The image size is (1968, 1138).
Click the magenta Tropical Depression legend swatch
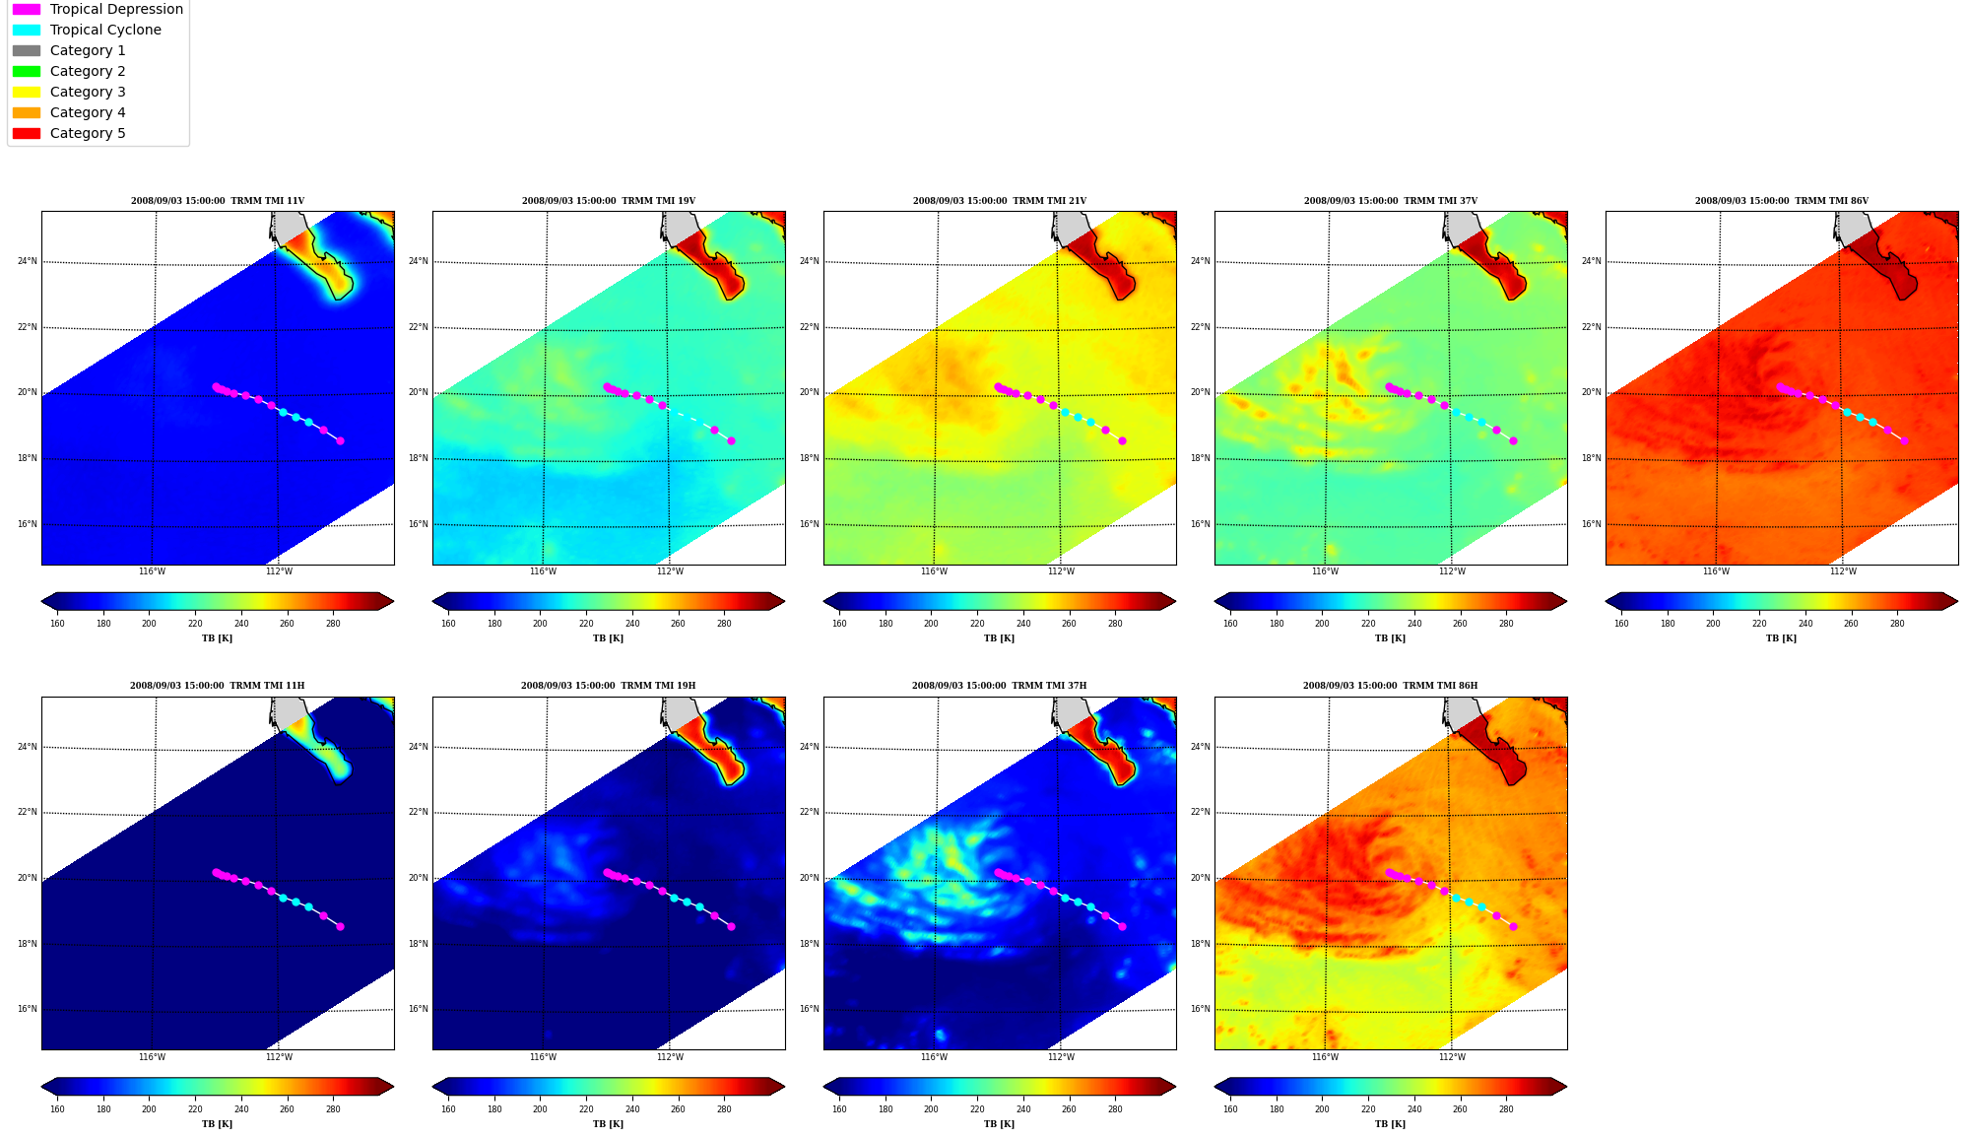[27, 9]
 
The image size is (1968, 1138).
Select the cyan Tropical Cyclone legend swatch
[27, 30]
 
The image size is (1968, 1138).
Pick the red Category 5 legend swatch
[27, 133]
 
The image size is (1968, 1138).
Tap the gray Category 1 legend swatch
[27, 50]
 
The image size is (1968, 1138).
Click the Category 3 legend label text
[88, 92]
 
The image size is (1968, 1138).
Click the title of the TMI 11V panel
[218, 201]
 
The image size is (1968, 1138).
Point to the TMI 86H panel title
[1390, 686]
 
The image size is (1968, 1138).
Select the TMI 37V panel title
[1391, 201]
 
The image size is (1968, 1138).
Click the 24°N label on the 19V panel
[419, 261]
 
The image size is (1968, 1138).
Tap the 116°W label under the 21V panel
[934, 571]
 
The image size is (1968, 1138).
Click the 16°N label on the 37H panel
[810, 1009]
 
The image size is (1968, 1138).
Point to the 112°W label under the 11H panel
[279, 1057]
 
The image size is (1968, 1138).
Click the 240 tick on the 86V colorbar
[1805, 624]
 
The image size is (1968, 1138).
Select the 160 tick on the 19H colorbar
[448, 1109]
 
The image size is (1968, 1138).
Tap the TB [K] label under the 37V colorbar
[1390, 638]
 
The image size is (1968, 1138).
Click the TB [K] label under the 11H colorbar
[218, 1124]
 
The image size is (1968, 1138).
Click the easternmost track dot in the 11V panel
[340, 440]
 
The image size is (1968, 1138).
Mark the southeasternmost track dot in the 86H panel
[1513, 926]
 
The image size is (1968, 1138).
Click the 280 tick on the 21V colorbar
[1115, 624]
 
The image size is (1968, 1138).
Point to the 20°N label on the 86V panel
[1592, 392]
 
